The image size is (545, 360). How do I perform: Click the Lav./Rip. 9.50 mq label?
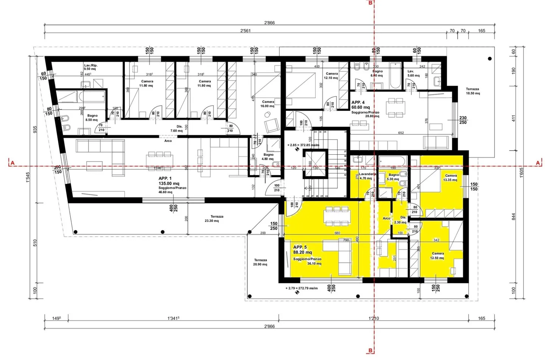90,67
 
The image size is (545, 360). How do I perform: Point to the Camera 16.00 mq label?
268,104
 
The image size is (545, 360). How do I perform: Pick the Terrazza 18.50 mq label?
472,91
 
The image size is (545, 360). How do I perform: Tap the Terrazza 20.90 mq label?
260,262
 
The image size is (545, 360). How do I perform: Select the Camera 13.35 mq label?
450,178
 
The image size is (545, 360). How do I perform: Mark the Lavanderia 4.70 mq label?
367,176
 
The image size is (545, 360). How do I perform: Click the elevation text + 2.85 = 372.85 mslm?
303,145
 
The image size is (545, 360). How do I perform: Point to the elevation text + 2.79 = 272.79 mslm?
302,288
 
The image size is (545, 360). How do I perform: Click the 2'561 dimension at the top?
245,31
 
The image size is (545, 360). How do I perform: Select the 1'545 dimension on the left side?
28,177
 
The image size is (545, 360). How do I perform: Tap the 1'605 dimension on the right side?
522,172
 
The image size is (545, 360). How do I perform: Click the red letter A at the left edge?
12,163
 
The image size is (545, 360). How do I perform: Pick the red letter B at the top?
371,3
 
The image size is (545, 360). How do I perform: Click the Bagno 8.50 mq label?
92,118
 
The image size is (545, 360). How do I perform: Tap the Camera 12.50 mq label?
438,256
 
